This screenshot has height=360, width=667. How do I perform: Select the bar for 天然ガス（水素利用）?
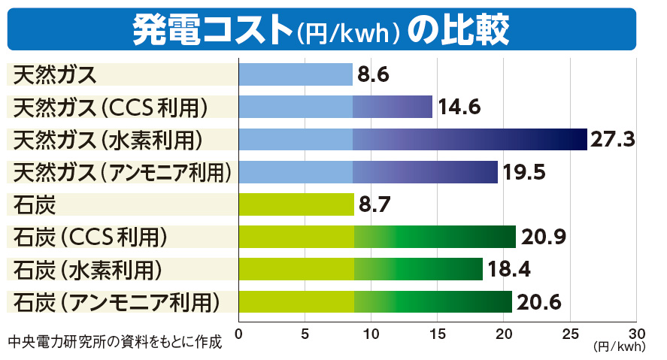pyautogui.click(x=412, y=140)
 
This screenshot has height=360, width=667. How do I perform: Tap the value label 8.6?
pyautogui.click(x=374, y=75)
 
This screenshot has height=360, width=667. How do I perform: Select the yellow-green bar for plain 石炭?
pyautogui.click(x=296, y=204)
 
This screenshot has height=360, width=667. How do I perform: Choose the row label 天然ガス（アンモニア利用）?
pyautogui.click(x=122, y=172)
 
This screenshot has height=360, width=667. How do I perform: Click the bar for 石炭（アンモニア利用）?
pyautogui.click(x=375, y=301)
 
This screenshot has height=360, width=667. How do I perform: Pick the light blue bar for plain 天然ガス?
pyautogui.click(x=296, y=75)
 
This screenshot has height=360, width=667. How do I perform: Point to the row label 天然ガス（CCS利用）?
pyautogui.click(x=111, y=107)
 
